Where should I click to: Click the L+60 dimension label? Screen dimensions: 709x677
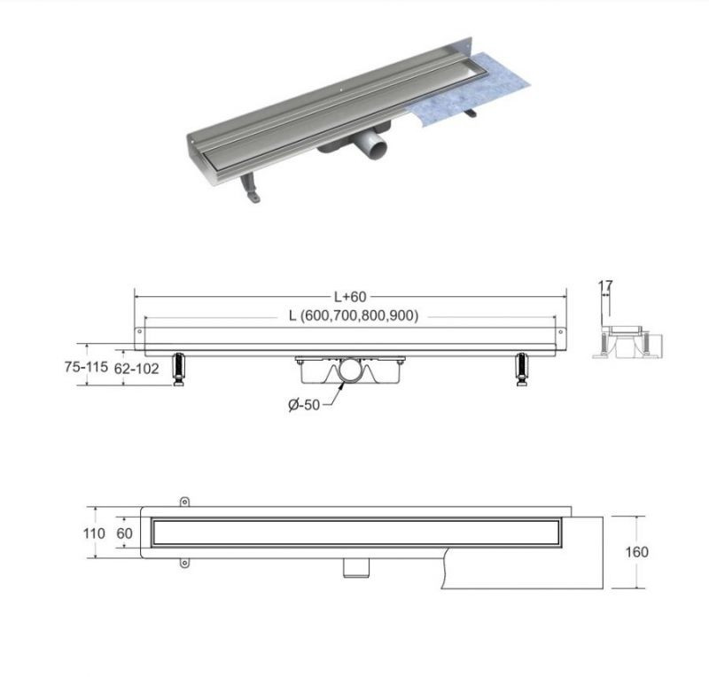click(350, 297)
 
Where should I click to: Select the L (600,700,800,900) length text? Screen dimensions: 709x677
click(354, 315)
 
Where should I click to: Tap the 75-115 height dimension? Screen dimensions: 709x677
click(86, 367)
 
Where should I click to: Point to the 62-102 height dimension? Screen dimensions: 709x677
click(136, 369)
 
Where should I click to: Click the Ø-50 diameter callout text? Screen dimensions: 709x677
click(304, 404)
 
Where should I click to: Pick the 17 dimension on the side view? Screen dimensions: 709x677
click(605, 285)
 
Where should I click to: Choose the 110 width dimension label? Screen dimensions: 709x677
click(94, 533)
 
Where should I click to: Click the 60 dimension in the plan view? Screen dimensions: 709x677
click(124, 533)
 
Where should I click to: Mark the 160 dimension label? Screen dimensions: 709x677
click(636, 552)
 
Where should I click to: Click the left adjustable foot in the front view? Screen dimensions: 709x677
click(179, 370)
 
